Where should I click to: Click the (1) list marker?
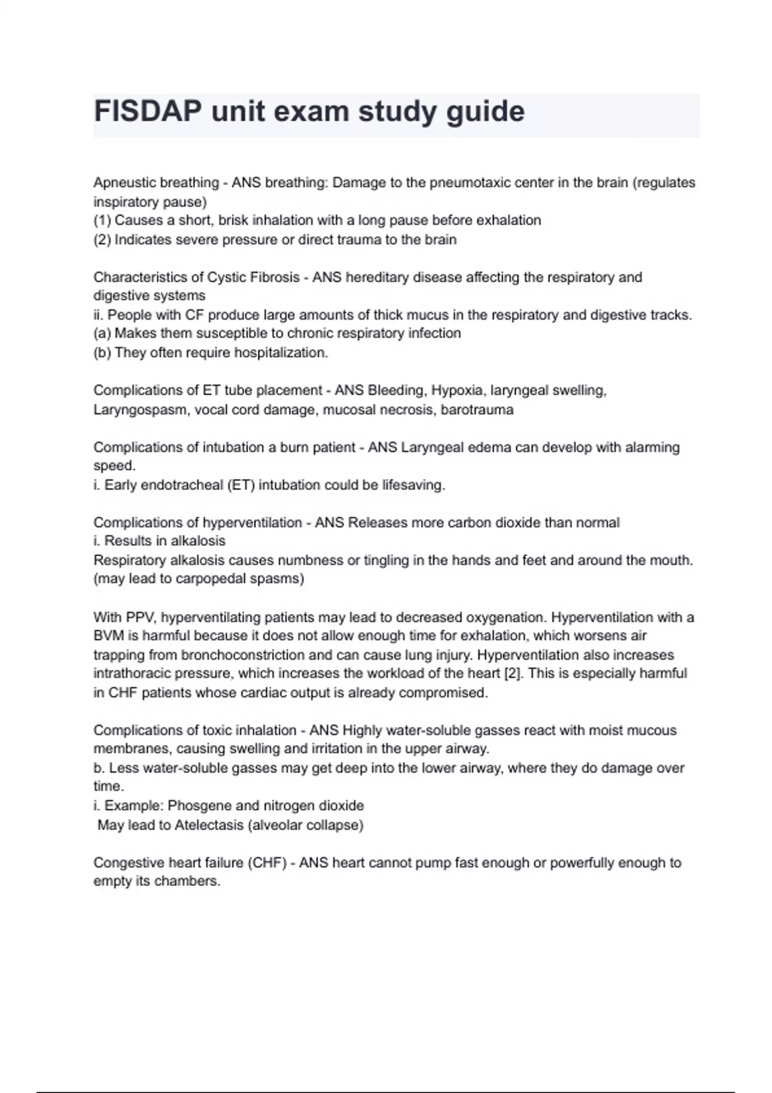pyautogui.click(x=102, y=221)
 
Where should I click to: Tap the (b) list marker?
pyautogui.click(x=102, y=353)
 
